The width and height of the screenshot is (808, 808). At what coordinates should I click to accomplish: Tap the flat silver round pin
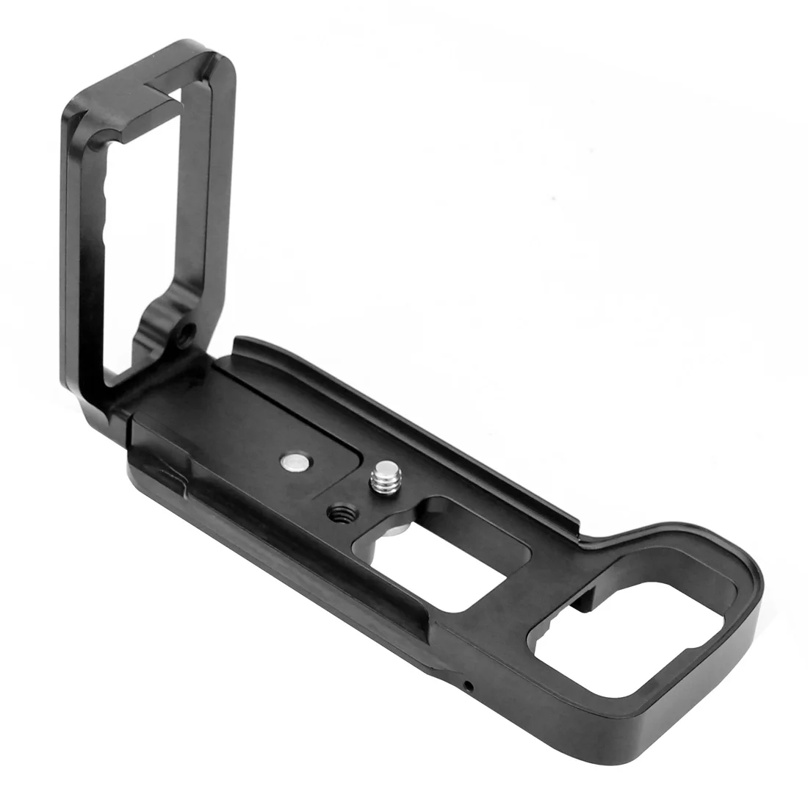click(294, 462)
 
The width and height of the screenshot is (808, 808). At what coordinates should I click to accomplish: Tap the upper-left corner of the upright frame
click(73, 110)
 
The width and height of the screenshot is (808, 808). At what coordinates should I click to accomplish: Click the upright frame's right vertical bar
click(213, 220)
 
